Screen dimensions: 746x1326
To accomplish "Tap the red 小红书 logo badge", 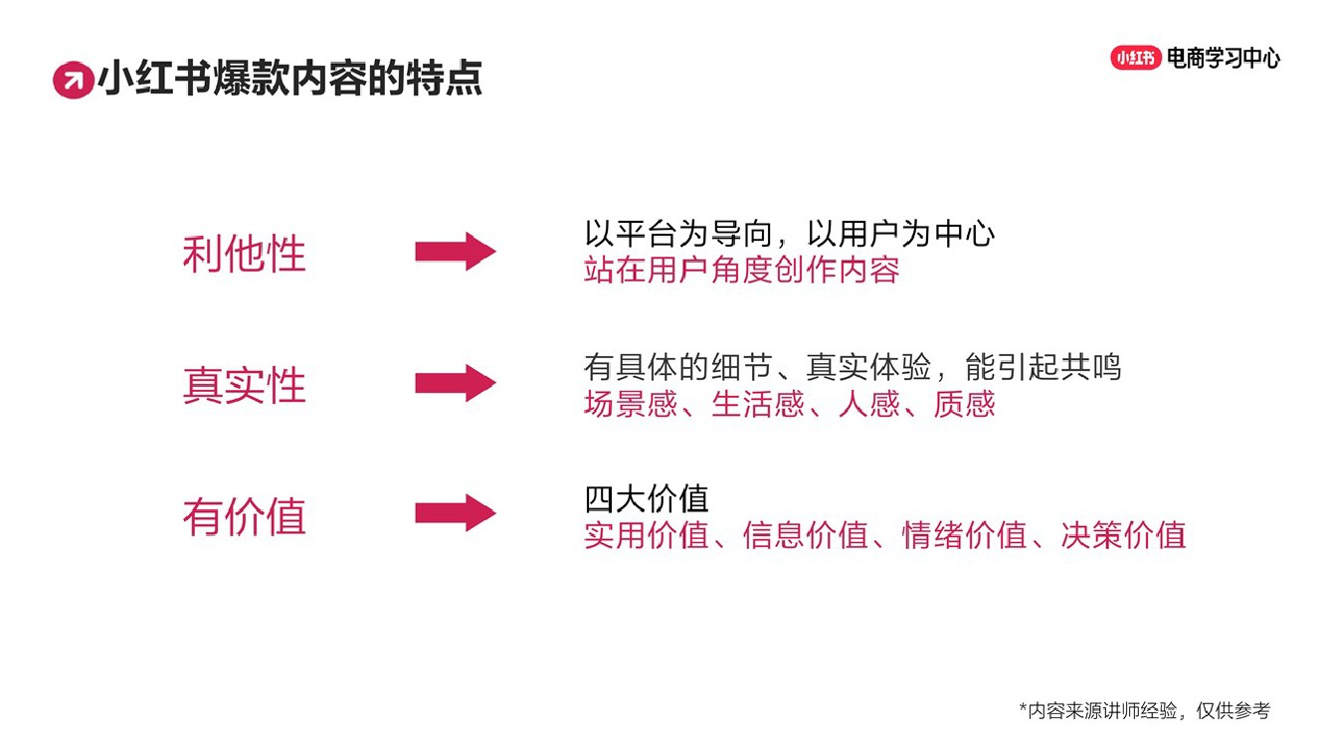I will pyautogui.click(x=1135, y=58).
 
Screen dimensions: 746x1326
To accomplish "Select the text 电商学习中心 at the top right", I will pyautogui.click(x=1224, y=58).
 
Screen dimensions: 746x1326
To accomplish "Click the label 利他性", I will pyautogui.click(x=244, y=255).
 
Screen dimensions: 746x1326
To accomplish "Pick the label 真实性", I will pyautogui.click(x=244, y=386).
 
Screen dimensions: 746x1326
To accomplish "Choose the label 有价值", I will pyautogui.click(x=244, y=517).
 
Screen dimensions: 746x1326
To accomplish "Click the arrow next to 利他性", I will pyautogui.click(x=455, y=252).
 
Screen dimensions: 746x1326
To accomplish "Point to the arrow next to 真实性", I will pyautogui.click(x=455, y=383).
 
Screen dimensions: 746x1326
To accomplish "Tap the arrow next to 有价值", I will pyautogui.click(x=455, y=513).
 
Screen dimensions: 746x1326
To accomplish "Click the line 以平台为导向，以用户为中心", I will pyautogui.click(x=789, y=235).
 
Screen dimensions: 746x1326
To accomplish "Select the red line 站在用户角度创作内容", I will pyautogui.click(x=741, y=270).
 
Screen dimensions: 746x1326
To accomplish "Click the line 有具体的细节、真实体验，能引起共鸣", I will pyautogui.click(x=852, y=367).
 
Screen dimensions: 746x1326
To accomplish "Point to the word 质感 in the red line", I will pyautogui.click(x=964, y=404).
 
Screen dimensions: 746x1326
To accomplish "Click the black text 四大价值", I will pyautogui.click(x=647, y=498).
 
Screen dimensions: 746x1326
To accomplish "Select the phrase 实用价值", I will pyautogui.click(x=647, y=535).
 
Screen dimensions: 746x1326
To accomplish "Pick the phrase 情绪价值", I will pyautogui.click(x=964, y=535).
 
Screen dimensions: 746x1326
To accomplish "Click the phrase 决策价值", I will pyautogui.click(x=1123, y=535).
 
